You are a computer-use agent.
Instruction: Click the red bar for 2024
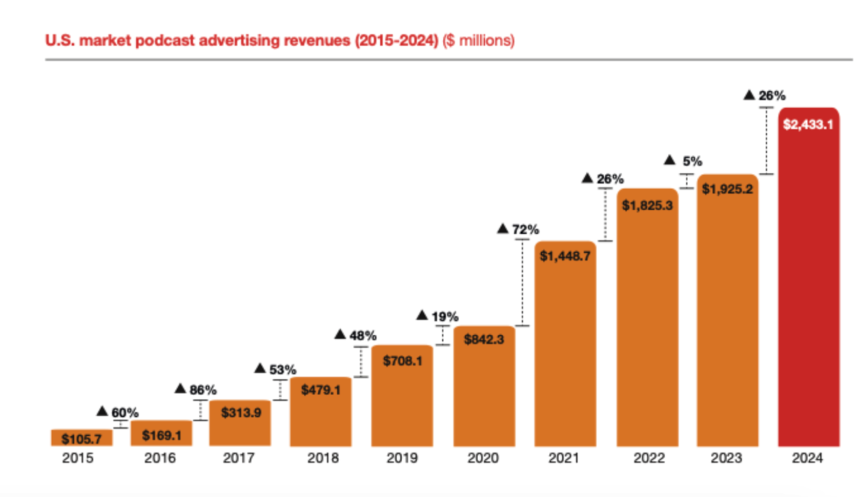pos(808,280)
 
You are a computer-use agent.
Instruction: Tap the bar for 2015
pos(82,438)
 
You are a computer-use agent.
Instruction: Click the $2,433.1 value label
pos(808,124)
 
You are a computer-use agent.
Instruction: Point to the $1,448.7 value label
pos(565,256)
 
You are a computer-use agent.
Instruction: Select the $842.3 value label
pos(484,339)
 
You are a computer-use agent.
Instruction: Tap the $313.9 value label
pos(241,413)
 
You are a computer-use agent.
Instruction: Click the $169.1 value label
pos(161,435)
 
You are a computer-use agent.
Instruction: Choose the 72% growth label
pos(525,229)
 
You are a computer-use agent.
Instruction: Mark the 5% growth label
pos(692,161)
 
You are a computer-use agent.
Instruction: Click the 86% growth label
pos(203,390)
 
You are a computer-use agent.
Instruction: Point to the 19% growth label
pos(445,317)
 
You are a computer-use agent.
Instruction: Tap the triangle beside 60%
pos(102,411)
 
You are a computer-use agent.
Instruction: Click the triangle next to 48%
pos(340,334)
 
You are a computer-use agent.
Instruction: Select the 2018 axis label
pos(323,458)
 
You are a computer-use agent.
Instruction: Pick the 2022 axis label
pos(649,458)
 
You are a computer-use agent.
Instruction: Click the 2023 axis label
pos(726,458)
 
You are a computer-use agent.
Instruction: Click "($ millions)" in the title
pos(478,41)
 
